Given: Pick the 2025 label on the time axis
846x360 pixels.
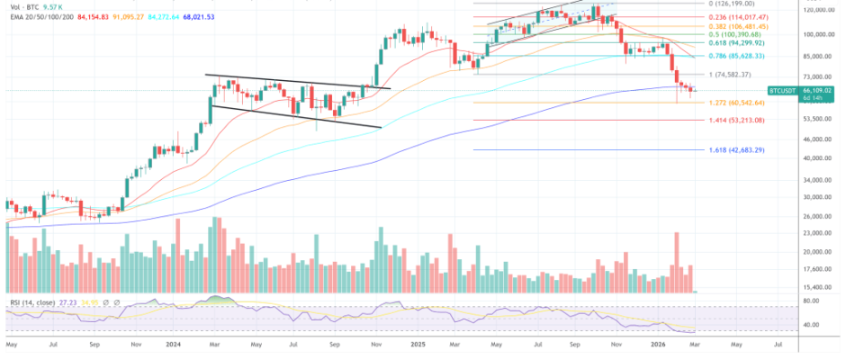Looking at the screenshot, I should point(416,343).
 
